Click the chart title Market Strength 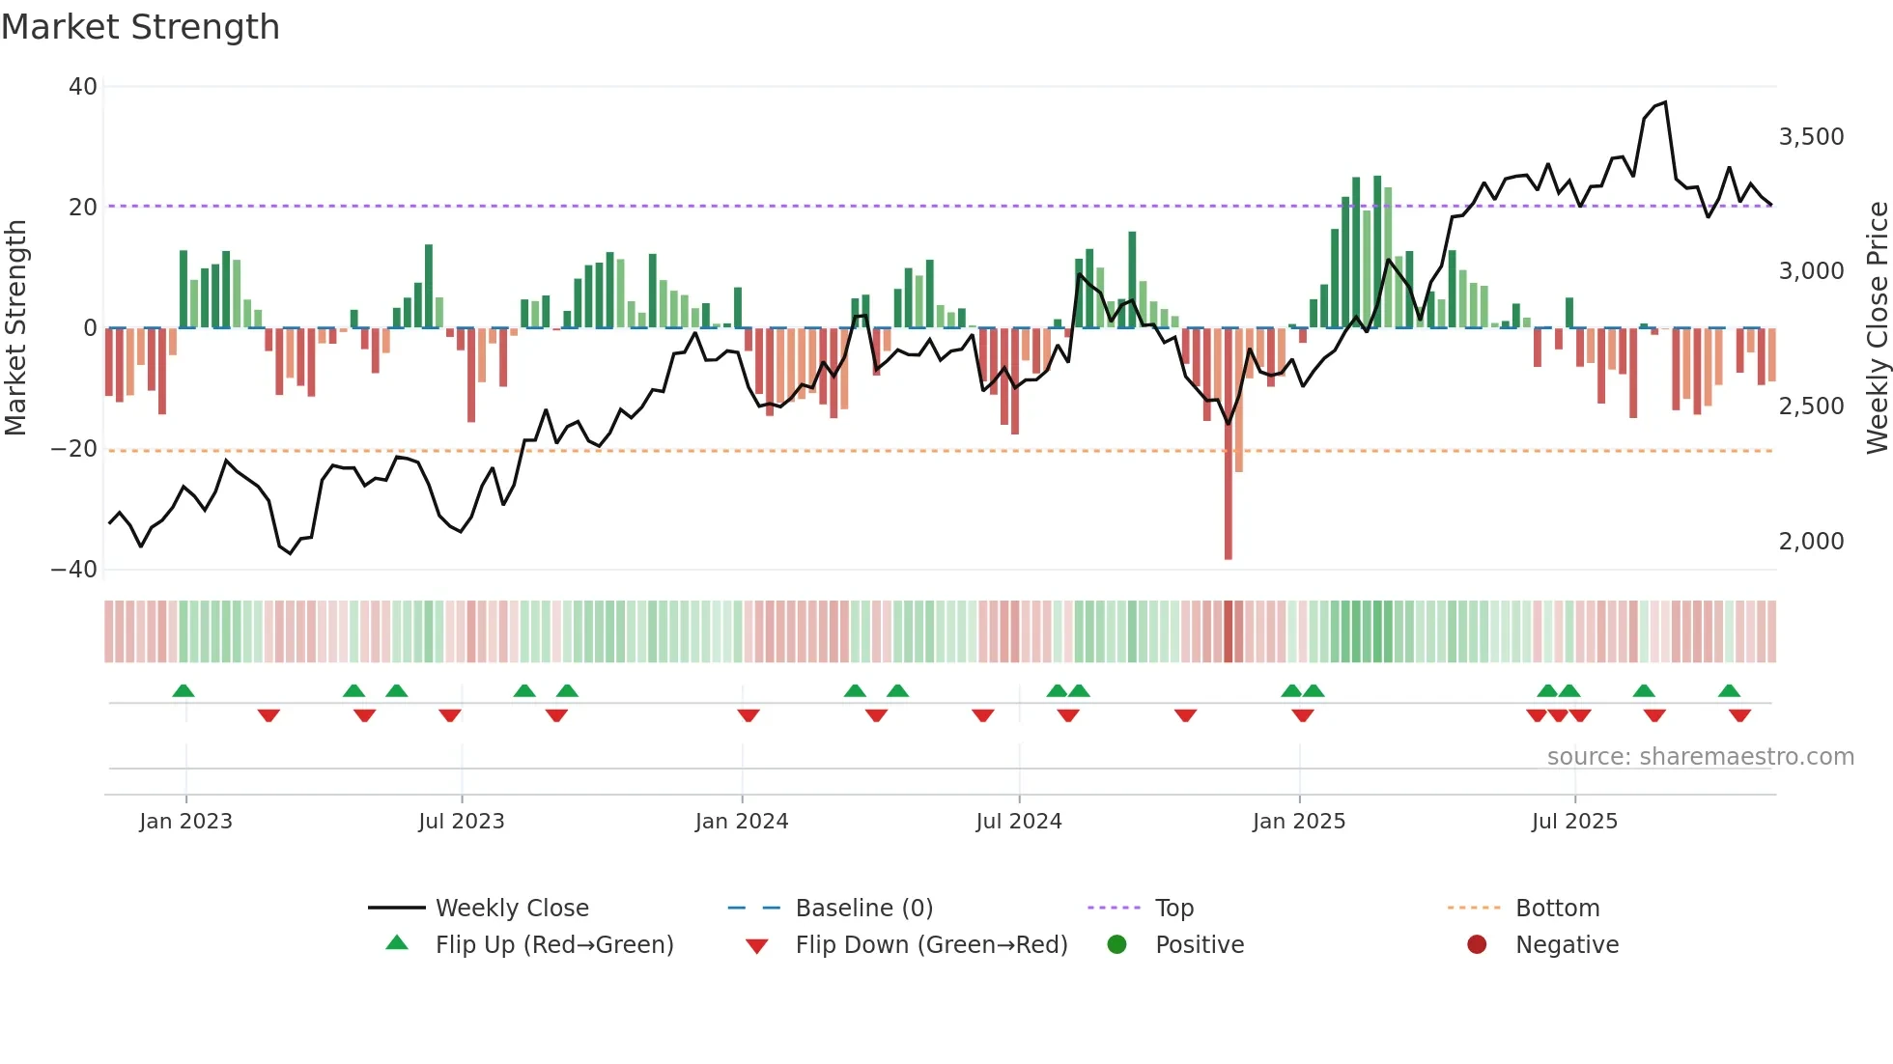coord(140,27)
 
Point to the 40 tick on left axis coord(83,87)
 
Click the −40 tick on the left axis coord(74,570)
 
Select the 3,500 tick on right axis coord(1811,137)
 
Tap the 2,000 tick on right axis coord(1811,542)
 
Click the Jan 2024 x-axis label coord(741,822)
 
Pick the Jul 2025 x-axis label coord(1573,822)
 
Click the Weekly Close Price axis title coord(1877,328)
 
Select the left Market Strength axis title coord(15,328)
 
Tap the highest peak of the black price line coord(1664,102)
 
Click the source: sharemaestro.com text coord(1700,757)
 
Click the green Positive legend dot coord(1116,945)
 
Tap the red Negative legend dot coord(1477,945)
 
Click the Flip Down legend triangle coord(757,946)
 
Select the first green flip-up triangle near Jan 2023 coord(184,690)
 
